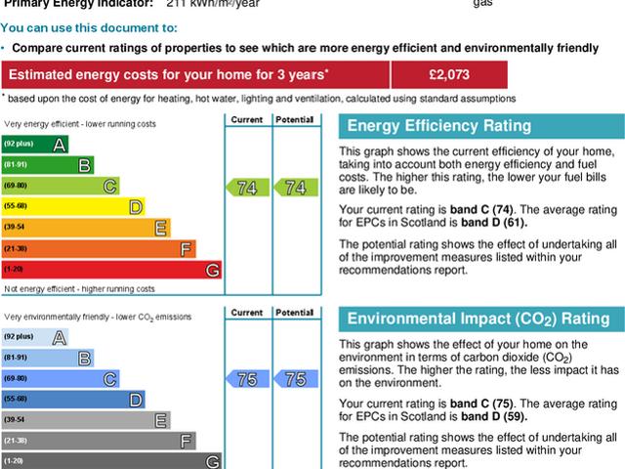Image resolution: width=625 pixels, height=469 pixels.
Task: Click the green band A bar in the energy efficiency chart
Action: click(35, 145)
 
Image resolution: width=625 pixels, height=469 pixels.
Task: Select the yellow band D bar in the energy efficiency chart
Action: click(73, 206)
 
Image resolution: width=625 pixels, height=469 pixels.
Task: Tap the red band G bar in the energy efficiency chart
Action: click(111, 269)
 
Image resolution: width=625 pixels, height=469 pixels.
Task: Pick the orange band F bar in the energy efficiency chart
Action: click(99, 248)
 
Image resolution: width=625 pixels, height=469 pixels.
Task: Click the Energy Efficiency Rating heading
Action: click(439, 126)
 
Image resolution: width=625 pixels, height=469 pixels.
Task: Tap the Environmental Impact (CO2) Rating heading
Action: click(478, 319)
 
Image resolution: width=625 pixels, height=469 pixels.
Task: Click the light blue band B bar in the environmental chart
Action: click(48, 358)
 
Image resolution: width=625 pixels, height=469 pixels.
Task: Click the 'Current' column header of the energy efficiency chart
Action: click(247, 119)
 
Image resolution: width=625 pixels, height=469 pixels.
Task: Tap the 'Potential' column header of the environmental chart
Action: click(294, 312)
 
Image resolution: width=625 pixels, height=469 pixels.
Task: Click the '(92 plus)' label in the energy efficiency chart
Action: click(17, 145)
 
